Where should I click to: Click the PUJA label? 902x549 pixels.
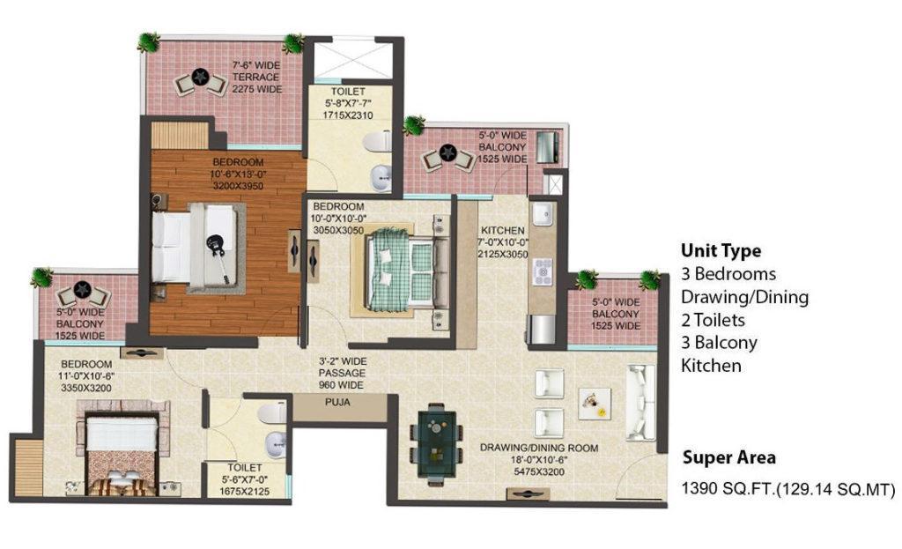pyautogui.click(x=337, y=402)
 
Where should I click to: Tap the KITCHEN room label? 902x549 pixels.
pyautogui.click(x=503, y=230)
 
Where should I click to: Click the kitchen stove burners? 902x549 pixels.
pyautogui.click(x=543, y=272)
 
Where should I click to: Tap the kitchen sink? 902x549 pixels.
pyautogui.click(x=542, y=215)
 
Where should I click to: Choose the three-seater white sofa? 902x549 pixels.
pyautogui.click(x=640, y=402)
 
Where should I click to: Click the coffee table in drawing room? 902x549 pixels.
pyautogui.click(x=595, y=404)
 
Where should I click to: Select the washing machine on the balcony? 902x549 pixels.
pyautogui.click(x=547, y=147)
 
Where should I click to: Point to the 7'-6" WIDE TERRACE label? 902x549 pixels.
pyautogui.click(x=256, y=78)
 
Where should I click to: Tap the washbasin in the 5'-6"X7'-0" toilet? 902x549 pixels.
pyautogui.click(x=276, y=443)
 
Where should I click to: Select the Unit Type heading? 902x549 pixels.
pyautogui.click(x=721, y=251)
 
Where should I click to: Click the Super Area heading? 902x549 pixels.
pyautogui.click(x=728, y=457)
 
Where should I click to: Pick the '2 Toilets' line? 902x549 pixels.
pyautogui.click(x=713, y=320)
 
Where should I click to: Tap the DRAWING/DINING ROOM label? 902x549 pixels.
pyautogui.click(x=539, y=448)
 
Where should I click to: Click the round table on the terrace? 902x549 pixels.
pyautogui.click(x=200, y=76)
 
